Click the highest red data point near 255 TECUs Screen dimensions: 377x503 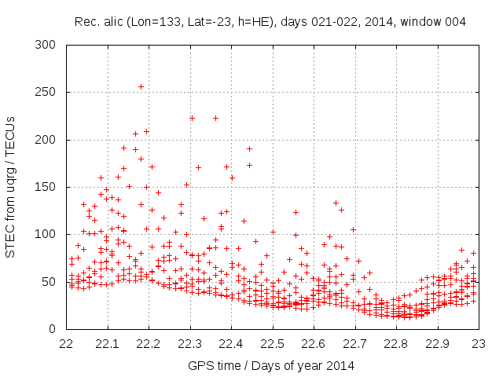[x=141, y=86]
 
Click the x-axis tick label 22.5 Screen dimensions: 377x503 [x=273, y=344]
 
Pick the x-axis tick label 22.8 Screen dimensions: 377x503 [x=396, y=344]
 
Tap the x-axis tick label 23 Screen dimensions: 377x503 [x=479, y=344]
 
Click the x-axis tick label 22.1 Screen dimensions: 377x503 [x=108, y=344]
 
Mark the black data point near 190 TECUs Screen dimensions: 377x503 [x=249, y=148]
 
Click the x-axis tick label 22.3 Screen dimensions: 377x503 [x=190, y=344]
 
